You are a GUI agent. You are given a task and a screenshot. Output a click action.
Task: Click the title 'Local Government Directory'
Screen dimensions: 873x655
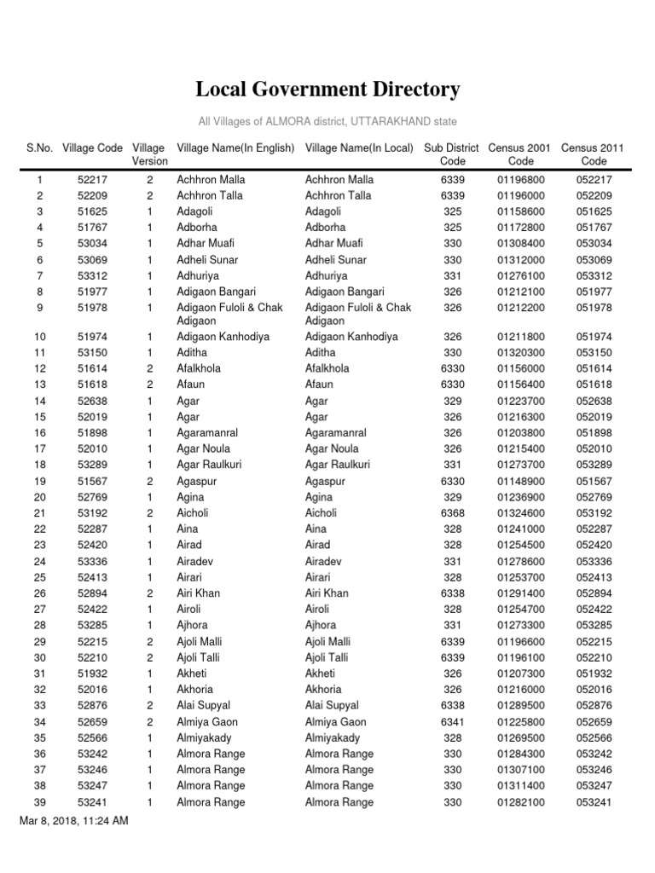(327, 90)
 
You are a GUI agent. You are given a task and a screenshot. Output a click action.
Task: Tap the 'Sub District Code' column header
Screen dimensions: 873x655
(451, 154)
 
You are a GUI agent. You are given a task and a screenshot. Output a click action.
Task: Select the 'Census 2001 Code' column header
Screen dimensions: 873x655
(520, 154)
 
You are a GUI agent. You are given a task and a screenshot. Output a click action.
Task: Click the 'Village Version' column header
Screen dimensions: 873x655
(149, 154)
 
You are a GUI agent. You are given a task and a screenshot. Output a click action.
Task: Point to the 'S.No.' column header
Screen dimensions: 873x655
(40, 148)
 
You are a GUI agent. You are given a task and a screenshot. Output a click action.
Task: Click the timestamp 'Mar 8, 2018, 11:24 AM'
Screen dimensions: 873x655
(74, 820)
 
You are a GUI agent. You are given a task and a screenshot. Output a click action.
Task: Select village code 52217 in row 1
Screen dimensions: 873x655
(92, 180)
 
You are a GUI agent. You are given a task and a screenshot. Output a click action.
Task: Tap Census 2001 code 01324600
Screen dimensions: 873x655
(520, 513)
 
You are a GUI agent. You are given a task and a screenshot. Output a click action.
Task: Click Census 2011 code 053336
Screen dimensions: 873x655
(594, 562)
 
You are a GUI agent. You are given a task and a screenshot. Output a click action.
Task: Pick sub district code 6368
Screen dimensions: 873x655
(452, 513)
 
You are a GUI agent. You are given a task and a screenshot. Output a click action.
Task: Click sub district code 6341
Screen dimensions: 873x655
(452, 721)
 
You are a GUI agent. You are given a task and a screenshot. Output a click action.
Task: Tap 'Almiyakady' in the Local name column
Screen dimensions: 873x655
(333, 737)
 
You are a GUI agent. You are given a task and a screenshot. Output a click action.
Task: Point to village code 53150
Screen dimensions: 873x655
(92, 353)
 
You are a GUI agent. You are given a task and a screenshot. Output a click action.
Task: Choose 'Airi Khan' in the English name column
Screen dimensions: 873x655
(198, 593)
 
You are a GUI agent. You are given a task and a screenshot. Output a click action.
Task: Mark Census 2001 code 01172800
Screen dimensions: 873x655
(520, 228)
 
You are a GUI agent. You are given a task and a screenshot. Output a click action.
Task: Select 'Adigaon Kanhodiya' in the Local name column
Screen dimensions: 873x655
(351, 337)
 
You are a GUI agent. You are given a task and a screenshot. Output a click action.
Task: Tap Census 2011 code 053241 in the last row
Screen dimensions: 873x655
(594, 802)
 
